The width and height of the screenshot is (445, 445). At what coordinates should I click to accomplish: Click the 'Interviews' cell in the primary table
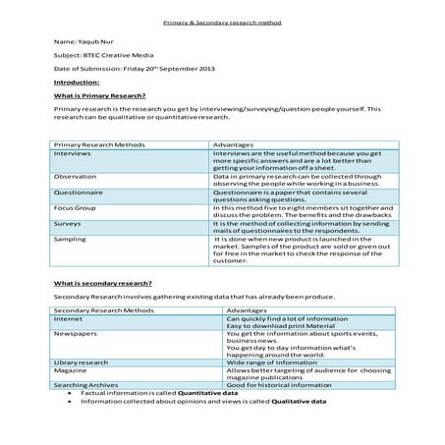pos(74,154)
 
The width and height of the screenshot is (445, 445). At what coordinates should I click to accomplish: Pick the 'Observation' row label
pos(76,177)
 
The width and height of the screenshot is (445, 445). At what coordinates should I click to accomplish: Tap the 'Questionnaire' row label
pos(80,193)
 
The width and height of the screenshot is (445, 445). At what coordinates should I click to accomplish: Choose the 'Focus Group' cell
pos(77,208)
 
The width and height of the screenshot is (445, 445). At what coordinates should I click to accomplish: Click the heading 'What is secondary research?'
pos(99,283)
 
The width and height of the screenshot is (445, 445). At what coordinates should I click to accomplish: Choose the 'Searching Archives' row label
pos(84,385)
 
